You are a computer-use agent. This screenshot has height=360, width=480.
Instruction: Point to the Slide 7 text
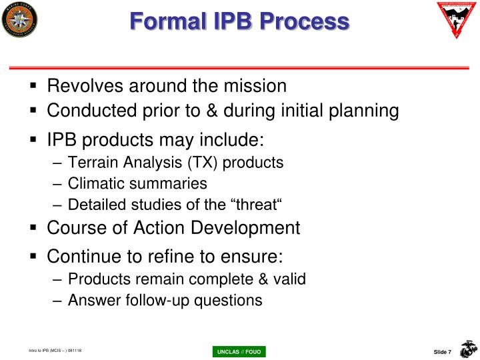click(x=443, y=351)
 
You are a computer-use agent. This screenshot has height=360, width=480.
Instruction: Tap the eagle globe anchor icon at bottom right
click(x=468, y=349)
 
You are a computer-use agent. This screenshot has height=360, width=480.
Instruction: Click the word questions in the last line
click(x=229, y=300)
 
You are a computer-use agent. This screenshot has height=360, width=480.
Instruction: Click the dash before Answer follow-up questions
click(x=58, y=301)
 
